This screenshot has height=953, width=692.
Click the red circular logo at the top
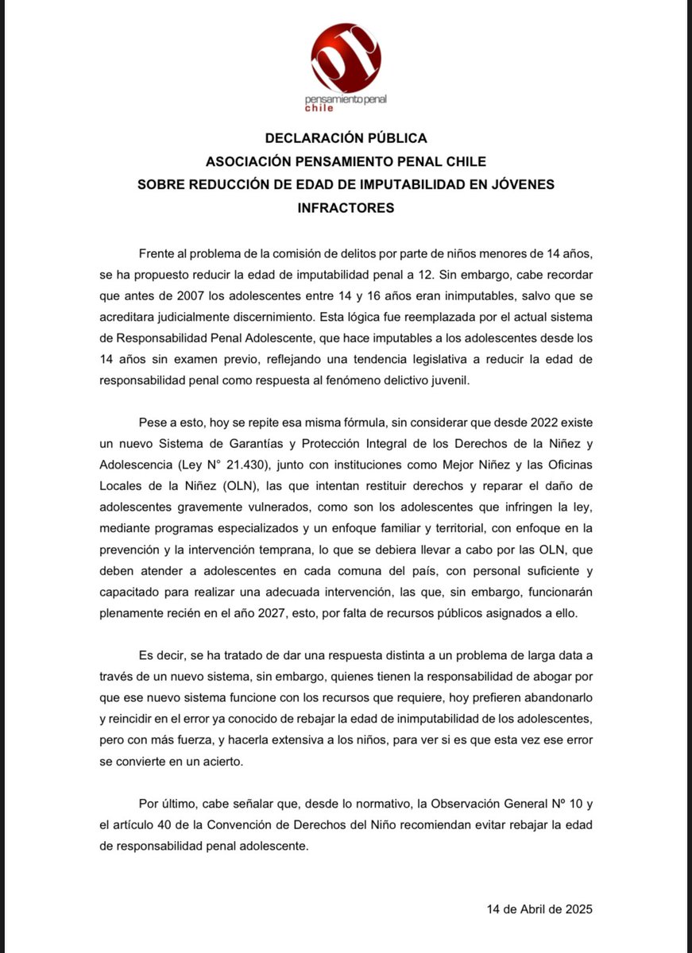click(x=346, y=57)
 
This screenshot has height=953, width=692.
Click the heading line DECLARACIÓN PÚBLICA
click(x=346, y=138)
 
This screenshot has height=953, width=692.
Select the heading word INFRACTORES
click(x=346, y=208)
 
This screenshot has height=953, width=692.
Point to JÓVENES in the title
click(x=521, y=184)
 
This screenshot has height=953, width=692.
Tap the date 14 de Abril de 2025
click(x=539, y=909)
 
